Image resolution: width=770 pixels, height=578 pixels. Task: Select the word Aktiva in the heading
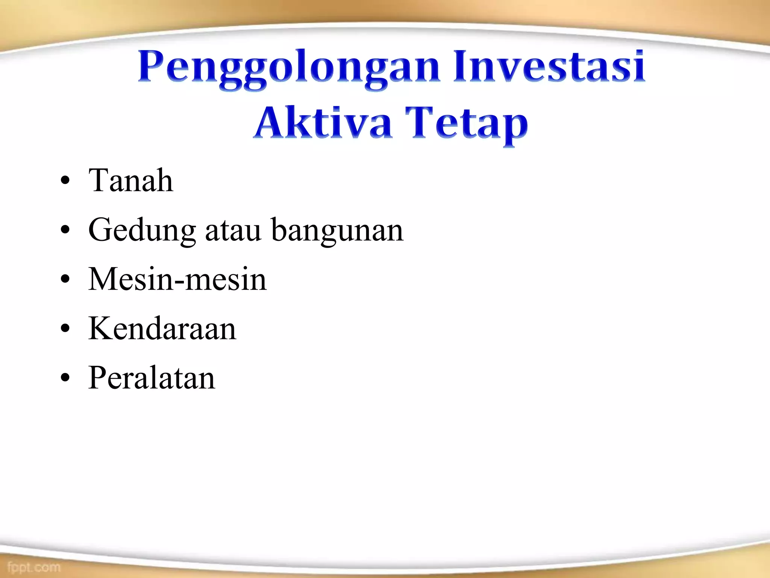[323, 123]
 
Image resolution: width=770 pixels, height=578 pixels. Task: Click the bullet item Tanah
[130, 181]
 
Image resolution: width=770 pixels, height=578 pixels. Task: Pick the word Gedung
[142, 230]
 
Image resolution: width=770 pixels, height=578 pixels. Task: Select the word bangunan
[337, 230]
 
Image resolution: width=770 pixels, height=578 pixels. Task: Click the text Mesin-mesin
[177, 280]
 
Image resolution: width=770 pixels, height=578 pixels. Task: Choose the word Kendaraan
[162, 329]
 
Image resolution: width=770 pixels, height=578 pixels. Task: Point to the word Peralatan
[152, 378]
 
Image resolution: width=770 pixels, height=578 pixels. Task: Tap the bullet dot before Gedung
[65, 230]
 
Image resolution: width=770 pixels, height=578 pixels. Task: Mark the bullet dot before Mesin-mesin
[65, 280]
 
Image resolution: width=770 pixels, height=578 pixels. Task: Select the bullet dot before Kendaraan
[65, 329]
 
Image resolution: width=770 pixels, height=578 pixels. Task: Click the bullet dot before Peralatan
[65, 378]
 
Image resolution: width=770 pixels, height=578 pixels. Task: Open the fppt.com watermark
[33, 567]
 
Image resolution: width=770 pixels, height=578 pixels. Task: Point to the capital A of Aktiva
[268, 122]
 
